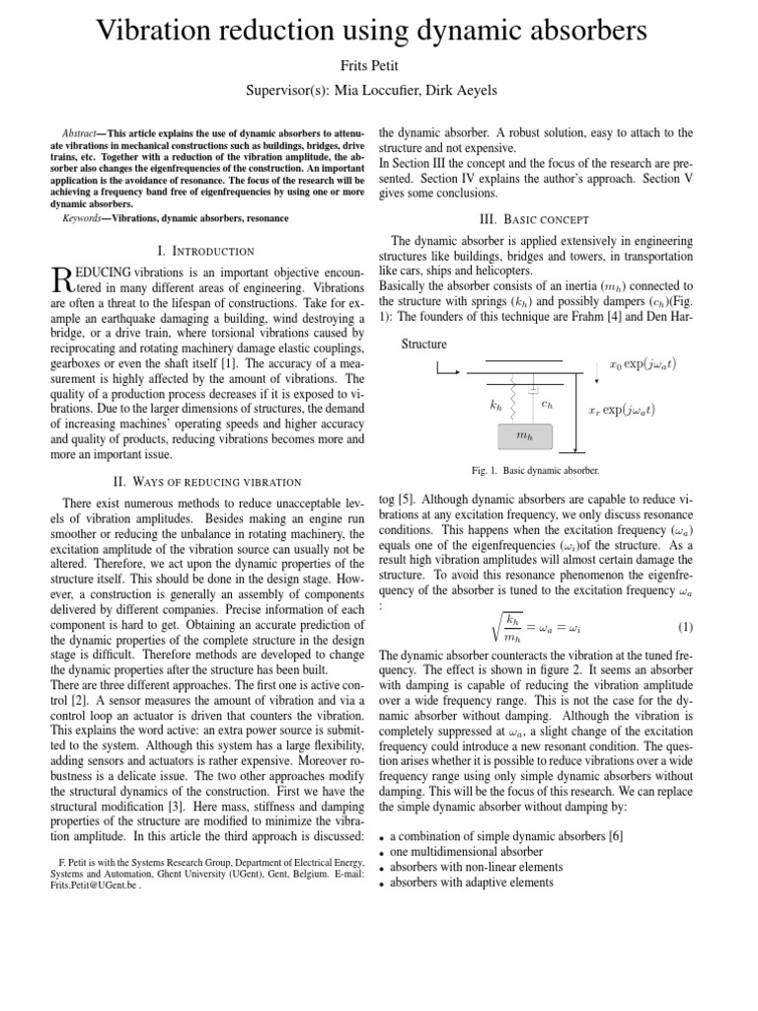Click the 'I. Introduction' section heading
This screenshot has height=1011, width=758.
pyautogui.click(x=206, y=252)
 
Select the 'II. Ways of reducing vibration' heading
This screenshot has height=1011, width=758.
pyautogui.click(x=206, y=481)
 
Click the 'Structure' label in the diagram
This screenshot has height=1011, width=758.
pyautogui.click(x=423, y=345)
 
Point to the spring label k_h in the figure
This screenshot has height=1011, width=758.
pyautogui.click(x=495, y=404)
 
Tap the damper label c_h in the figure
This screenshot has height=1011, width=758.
pyautogui.click(x=549, y=403)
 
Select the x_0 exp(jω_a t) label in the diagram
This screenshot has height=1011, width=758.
pyautogui.click(x=644, y=363)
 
